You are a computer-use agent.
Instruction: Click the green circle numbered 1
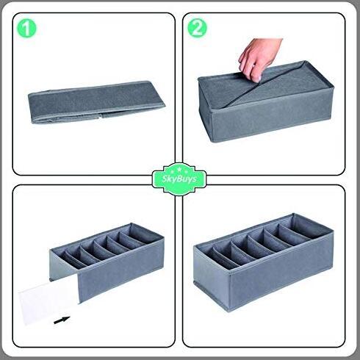tap(26, 29)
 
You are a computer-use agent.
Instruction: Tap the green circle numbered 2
tap(197, 28)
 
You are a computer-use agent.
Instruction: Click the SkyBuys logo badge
tap(179, 179)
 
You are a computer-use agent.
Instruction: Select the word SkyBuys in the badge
tap(179, 179)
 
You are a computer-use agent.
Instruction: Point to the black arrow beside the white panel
tap(62, 320)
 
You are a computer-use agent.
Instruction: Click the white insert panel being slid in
tap(49, 303)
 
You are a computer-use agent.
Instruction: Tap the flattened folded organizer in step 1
tap(96, 102)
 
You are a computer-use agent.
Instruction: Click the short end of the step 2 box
tap(204, 108)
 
